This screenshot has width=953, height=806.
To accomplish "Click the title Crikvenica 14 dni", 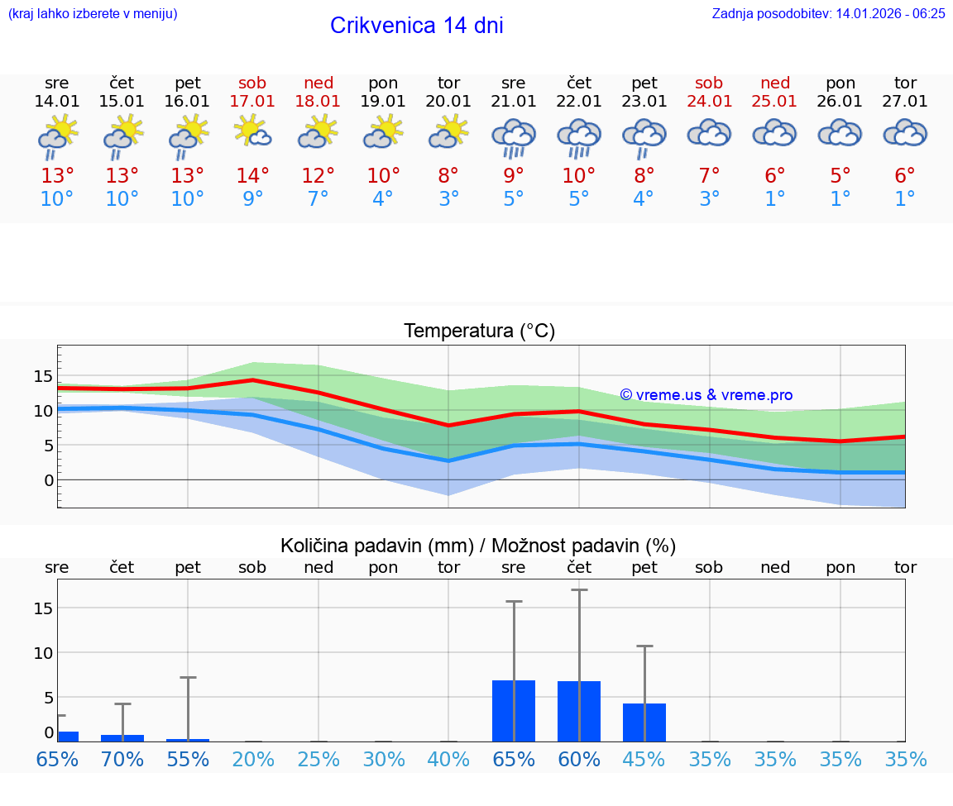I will click(x=416, y=26).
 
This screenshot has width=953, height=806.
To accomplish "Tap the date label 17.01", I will click(x=252, y=101).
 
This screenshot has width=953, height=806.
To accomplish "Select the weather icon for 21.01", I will click(x=514, y=137).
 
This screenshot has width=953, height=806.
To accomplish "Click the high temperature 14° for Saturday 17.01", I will click(x=252, y=176).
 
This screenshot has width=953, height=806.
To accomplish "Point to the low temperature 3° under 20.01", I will click(x=448, y=199).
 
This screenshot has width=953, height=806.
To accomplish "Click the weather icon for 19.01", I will click(x=383, y=132).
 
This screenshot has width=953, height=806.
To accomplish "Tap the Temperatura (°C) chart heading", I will click(x=479, y=331).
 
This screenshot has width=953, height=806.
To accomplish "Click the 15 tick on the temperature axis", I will click(x=43, y=376).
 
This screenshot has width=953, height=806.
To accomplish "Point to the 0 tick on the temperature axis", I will click(x=49, y=480).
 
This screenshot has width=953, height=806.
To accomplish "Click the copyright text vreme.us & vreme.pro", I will click(x=706, y=395).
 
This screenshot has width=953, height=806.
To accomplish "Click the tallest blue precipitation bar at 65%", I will click(x=514, y=711).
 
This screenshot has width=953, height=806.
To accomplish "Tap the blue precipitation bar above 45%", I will click(x=644, y=723).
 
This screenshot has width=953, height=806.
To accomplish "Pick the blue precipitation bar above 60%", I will click(x=579, y=711).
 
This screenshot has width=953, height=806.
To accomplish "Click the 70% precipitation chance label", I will click(x=122, y=760).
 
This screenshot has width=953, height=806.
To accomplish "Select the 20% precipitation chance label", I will click(x=252, y=760).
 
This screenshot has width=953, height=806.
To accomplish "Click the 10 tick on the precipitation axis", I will click(x=43, y=652).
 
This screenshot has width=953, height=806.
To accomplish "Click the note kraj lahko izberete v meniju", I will click(x=93, y=13).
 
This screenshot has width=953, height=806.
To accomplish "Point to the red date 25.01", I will click(x=774, y=101).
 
